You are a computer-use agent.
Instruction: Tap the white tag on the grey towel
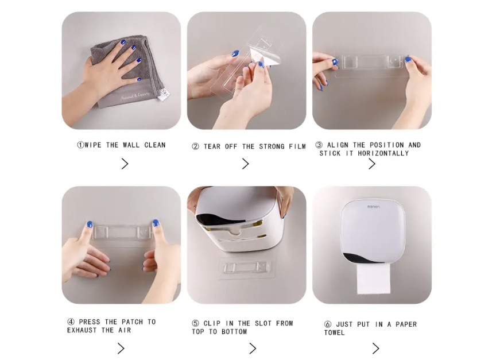[165, 95]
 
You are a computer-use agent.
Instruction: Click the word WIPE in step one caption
[93, 145]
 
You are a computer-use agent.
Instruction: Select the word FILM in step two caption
[297, 146]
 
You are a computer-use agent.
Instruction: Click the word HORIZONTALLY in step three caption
[383, 154]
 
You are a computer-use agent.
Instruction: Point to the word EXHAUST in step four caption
[82, 330]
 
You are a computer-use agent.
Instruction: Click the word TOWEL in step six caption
[334, 332]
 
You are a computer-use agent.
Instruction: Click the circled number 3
[319, 145]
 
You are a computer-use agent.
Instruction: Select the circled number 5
[196, 323]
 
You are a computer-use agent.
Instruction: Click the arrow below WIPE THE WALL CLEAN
[125, 164]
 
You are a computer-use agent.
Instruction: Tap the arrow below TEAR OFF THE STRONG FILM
[245, 164]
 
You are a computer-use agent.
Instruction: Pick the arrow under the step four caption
[121, 348]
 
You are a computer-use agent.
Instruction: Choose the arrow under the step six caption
[375, 348]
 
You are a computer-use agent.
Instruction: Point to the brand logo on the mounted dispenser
[373, 207]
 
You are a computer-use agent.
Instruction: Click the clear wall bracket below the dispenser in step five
[246, 267]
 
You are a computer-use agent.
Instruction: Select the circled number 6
[327, 324]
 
